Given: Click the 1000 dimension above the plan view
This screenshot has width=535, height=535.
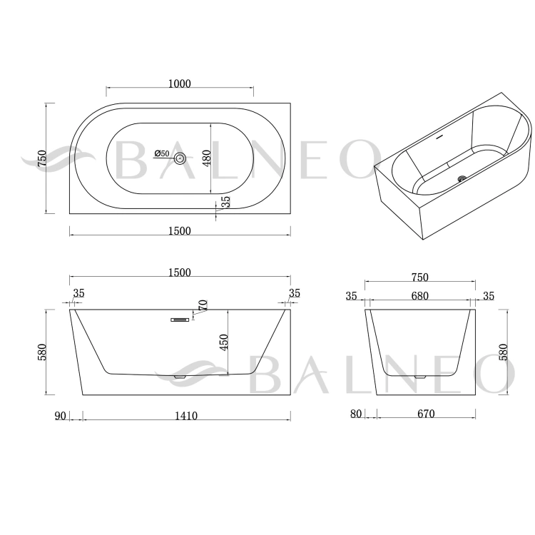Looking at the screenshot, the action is pos(180,83).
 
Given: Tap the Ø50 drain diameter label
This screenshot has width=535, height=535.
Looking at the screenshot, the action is pos(162,153).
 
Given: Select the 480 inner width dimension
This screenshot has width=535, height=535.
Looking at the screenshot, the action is pos(207,158).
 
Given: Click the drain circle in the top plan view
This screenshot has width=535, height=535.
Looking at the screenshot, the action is pos(180,158).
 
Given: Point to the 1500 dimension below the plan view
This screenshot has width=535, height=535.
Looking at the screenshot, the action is pos(180,231).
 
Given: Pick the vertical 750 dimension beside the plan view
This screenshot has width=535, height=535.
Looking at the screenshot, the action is pos(42,158).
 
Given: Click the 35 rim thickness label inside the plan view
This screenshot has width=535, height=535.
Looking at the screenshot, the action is pos(226,202).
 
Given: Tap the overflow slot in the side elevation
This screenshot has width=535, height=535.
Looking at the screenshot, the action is pos(180,320).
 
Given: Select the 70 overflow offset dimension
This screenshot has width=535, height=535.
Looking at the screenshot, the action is pos(203,305).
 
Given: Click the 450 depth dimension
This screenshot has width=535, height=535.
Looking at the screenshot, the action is pos(224,342).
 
